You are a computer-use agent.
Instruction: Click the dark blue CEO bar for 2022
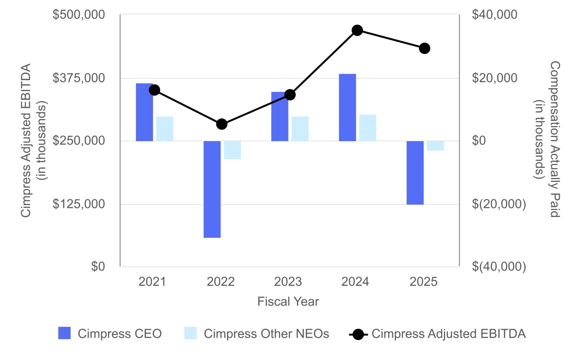[212, 189]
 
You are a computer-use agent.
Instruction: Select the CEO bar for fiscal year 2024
[347, 108]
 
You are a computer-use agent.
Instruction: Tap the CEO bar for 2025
[415, 172]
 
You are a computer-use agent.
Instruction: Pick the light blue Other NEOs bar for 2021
[165, 129]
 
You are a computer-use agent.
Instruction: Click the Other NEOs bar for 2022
[232, 150]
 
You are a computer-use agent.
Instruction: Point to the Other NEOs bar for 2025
[436, 146]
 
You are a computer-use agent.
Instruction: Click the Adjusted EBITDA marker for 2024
[357, 30]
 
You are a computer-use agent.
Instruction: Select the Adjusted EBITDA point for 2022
[222, 124]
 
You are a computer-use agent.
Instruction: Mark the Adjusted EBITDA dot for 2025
[425, 48]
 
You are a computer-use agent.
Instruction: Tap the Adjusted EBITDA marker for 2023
[290, 95]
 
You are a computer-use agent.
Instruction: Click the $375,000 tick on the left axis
[79, 78]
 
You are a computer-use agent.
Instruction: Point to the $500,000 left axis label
[79, 15]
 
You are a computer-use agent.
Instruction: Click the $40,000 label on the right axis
[493, 15]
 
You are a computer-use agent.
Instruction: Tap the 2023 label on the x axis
[288, 282]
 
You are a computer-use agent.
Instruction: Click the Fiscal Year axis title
[288, 302]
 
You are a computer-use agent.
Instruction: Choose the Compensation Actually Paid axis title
[554, 139]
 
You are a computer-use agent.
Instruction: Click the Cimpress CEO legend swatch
[64, 333]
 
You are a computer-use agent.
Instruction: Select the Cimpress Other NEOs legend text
[266, 333]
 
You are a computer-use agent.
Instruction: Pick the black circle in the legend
[359, 334]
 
